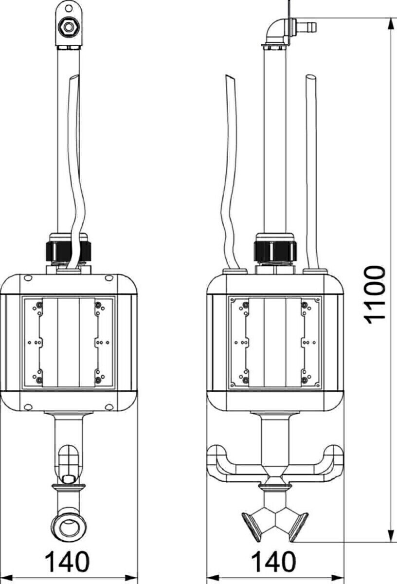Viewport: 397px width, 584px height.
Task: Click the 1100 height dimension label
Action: click(x=376, y=295)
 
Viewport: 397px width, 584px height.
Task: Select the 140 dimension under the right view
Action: click(x=273, y=562)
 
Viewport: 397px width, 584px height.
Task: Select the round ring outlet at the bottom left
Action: click(x=68, y=526)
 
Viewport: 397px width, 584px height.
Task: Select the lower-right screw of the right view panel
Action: click(x=305, y=379)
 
